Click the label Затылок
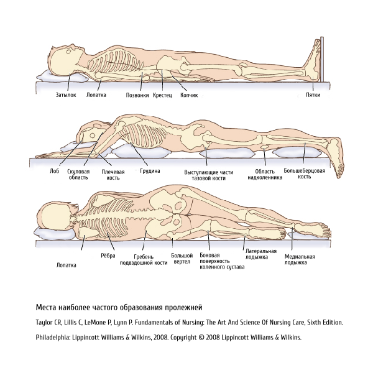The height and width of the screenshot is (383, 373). (x=66, y=95)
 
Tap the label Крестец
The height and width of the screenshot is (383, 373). (x=162, y=95)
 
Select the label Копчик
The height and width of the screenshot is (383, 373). (x=189, y=95)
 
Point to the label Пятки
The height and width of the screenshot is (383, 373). (x=313, y=95)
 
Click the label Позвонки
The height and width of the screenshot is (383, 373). (x=137, y=95)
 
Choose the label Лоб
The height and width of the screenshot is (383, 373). (x=55, y=171)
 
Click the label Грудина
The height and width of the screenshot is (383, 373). (x=150, y=171)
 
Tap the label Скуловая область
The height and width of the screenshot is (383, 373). (x=78, y=174)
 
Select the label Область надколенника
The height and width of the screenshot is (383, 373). (x=265, y=174)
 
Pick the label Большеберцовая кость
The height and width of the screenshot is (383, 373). (x=305, y=173)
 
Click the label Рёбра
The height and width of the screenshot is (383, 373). (x=108, y=256)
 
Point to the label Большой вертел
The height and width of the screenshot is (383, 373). (x=182, y=259)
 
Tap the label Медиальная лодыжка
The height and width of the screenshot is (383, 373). (x=300, y=260)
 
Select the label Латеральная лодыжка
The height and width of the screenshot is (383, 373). (x=261, y=254)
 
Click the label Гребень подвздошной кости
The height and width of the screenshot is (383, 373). (x=144, y=260)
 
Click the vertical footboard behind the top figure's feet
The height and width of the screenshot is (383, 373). (x=322, y=59)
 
